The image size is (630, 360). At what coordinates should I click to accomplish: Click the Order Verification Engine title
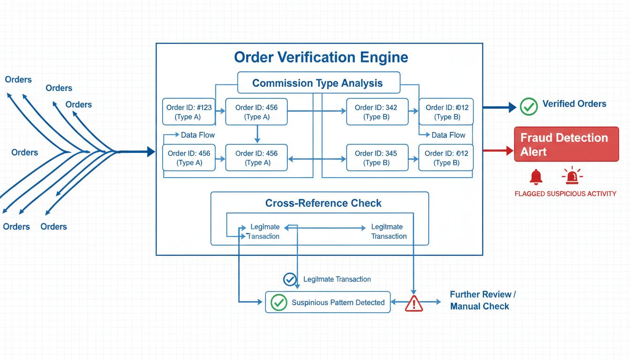pyautogui.click(x=321, y=57)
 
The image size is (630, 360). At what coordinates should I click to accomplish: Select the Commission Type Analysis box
pyautogui.click(x=318, y=83)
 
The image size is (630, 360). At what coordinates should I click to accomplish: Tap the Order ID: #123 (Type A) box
pyautogui.click(x=188, y=112)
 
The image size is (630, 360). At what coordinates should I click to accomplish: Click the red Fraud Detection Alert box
pyautogui.click(x=566, y=144)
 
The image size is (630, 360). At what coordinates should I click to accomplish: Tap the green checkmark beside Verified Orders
pyautogui.click(x=529, y=106)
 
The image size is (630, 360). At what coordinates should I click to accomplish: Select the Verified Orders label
pyautogui.click(x=574, y=104)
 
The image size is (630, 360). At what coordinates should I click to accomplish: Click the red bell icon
pyautogui.click(x=536, y=177)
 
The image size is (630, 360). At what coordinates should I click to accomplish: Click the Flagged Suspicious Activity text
pyautogui.click(x=565, y=194)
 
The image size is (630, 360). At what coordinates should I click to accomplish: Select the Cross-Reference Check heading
pyautogui.click(x=323, y=203)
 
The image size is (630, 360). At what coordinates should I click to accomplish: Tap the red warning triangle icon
pyautogui.click(x=413, y=303)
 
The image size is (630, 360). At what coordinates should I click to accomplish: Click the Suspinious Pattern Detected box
pyautogui.click(x=328, y=302)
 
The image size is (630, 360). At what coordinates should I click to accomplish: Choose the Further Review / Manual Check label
pyautogui.click(x=482, y=300)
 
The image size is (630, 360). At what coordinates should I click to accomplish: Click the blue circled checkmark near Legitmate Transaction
pyautogui.click(x=290, y=279)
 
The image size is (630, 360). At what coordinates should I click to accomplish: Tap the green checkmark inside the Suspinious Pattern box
pyautogui.click(x=279, y=302)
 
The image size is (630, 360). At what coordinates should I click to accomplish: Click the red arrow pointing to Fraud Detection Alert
pyautogui.click(x=498, y=151)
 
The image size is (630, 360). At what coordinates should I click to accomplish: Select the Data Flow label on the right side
pyautogui.click(x=448, y=135)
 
